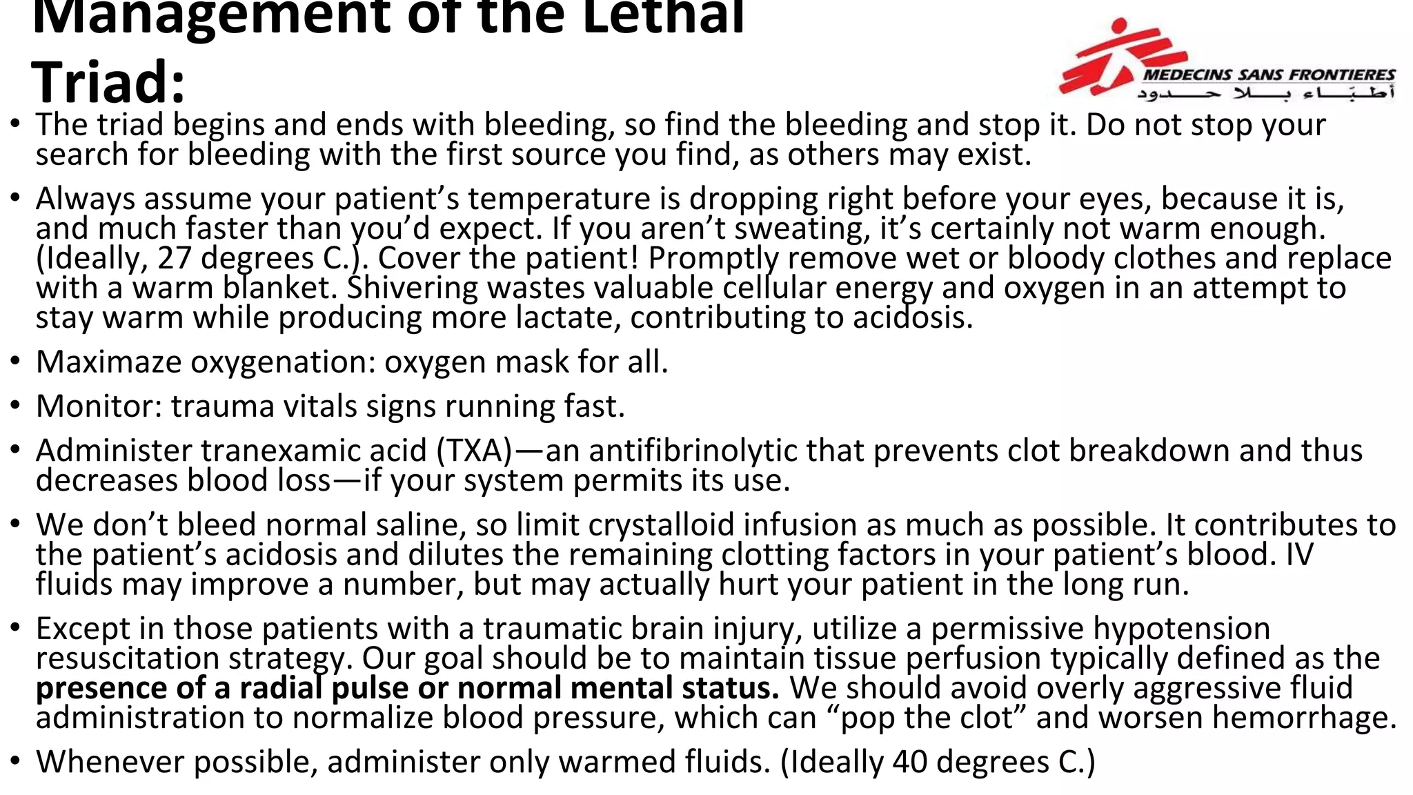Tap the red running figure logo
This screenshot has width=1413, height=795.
tap(1111, 59)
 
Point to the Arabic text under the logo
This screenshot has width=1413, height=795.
tap(1266, 92)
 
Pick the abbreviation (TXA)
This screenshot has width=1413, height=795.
tap(475, 451)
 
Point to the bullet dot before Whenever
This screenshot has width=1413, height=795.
tap(15, 762)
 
